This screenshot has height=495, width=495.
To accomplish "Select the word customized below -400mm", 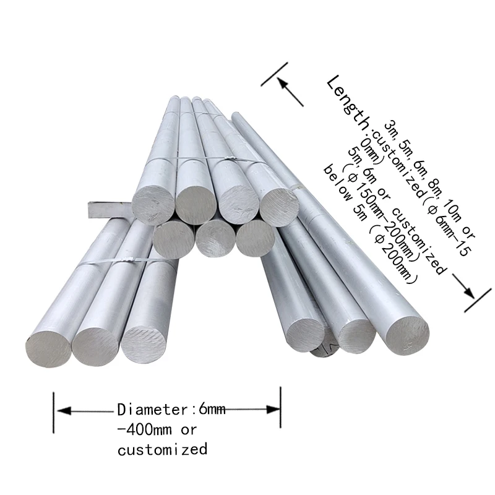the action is (x=163, y=449).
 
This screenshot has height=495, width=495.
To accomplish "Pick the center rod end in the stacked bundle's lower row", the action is (x=216, y=238).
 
